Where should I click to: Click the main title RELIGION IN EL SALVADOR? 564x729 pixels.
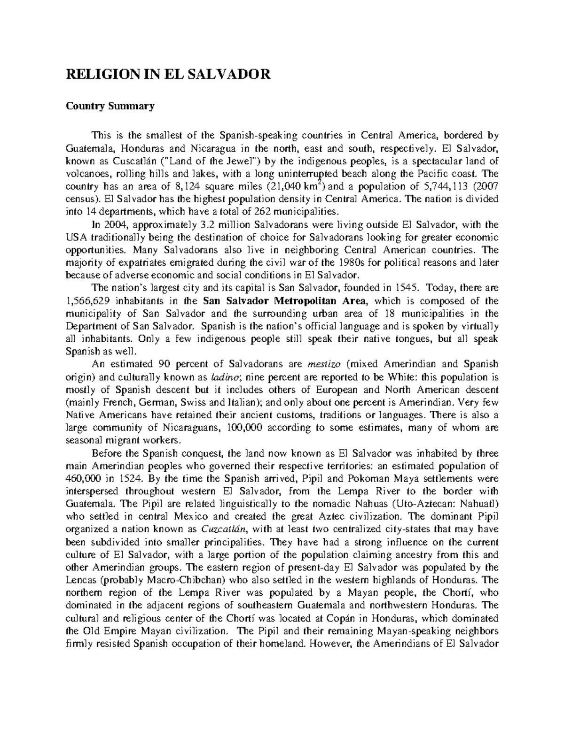coord(168,74)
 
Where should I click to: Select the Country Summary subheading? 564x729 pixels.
coord(110,107)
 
